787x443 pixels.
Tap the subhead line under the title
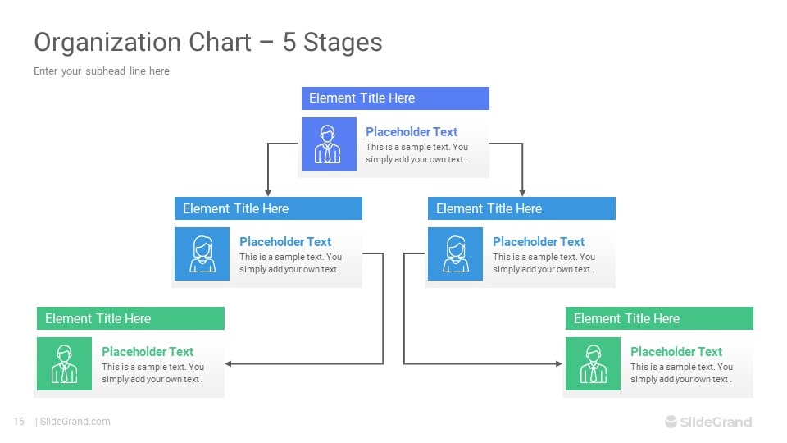coord(102,71)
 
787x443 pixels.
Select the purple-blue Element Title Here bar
coord(395,98)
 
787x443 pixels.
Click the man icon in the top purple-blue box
coord(328,144)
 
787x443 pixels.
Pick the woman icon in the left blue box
coord(202,254)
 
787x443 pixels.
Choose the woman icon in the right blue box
coord(456,254)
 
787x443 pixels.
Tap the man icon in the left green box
coord(64,364)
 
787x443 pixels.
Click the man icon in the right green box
coord(594,364)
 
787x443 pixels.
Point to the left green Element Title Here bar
coord(130,318)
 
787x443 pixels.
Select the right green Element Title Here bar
coord(659,318)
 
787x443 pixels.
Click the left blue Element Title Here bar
coord(268,208)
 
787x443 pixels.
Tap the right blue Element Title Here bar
coord(521,208)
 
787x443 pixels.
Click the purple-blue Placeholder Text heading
coord(412,131)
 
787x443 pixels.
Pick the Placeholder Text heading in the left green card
coord(148,352)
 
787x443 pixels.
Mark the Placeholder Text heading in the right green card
coord(676,352)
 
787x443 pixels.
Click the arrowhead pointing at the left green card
coord(228,363)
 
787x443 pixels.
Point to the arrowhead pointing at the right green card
coord(559,363)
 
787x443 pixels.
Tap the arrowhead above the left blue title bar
coord(268,193)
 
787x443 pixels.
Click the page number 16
coord(19,422)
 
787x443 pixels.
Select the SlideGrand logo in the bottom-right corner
coord(708,422)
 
